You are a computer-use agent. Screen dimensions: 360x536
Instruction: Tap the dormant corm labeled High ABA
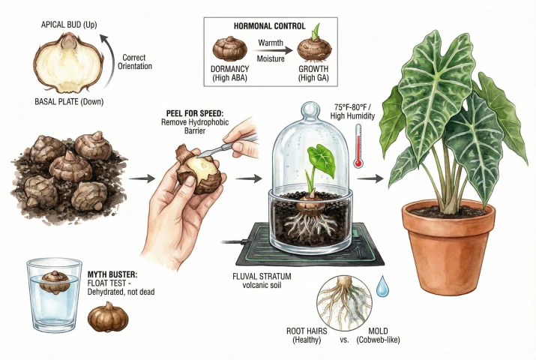coord(229,50)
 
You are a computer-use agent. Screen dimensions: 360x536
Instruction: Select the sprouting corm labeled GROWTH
coord(314,49)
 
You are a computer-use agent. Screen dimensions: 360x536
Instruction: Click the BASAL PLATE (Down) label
coord(70,102)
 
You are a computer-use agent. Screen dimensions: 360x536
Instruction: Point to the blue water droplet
coord(382,285)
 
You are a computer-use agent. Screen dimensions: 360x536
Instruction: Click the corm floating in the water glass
coord(54,283)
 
